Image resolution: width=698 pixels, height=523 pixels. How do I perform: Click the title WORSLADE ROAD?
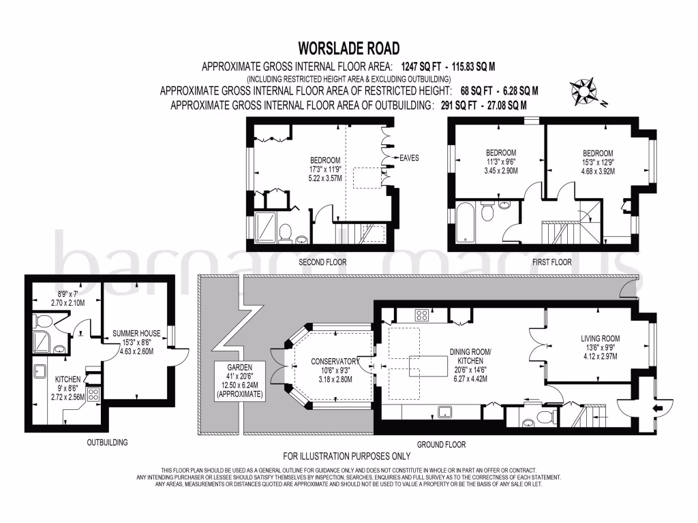pos(348,48)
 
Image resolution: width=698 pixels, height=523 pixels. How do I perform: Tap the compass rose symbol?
pos(584,91)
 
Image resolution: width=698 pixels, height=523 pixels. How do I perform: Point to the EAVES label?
pos(409,158)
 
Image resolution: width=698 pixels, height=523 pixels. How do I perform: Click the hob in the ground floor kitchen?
pos(422,315)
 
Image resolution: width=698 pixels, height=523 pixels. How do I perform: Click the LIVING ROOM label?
pos(600,338)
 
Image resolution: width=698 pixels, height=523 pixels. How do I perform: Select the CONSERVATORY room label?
pos(335,361)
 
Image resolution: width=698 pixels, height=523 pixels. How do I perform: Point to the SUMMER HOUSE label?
pos(137,334)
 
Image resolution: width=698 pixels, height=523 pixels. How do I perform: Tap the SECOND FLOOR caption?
pos(322,262)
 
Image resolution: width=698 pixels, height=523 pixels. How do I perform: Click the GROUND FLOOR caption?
pos(441,445)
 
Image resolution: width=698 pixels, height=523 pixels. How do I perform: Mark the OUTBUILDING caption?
pos(106,443)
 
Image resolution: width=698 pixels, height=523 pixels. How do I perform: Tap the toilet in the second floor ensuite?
pos(286,229)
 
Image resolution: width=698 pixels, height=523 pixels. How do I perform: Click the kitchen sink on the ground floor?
pos(446,411)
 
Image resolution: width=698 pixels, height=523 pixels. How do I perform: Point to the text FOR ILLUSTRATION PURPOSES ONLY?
pos(347,456)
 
